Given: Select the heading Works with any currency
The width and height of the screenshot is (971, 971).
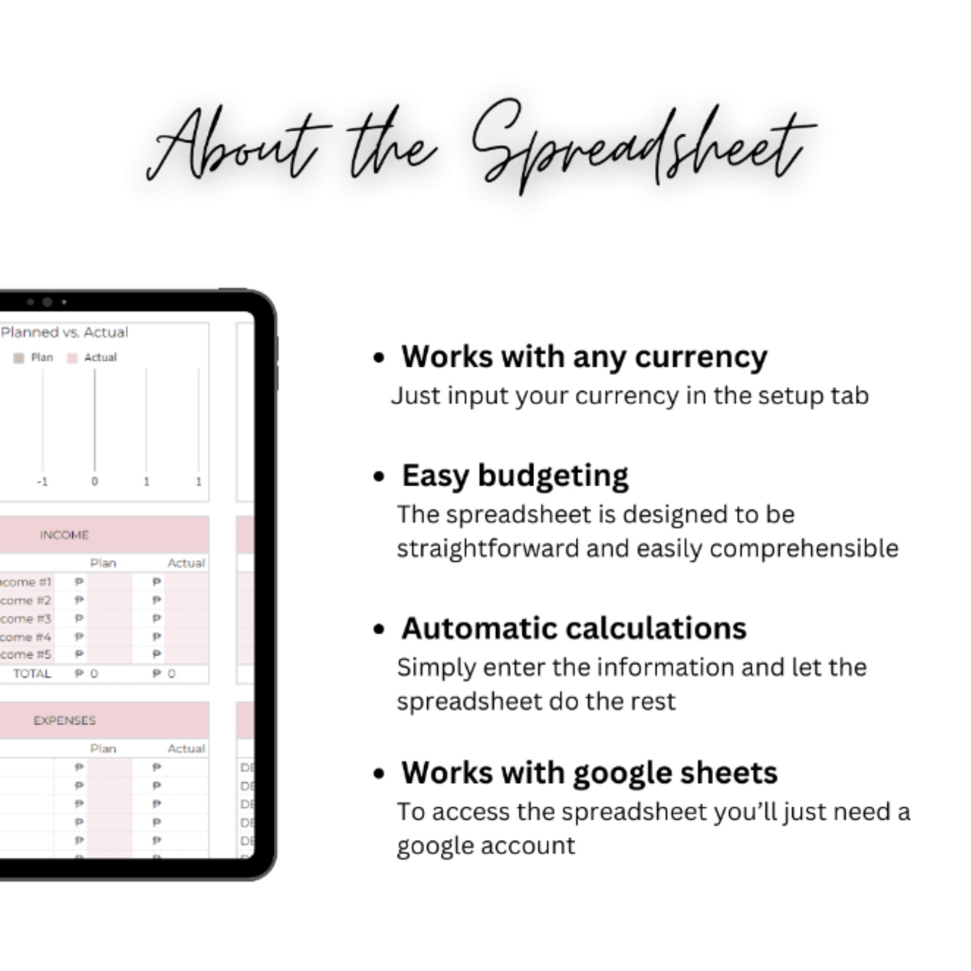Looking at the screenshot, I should (584, 357).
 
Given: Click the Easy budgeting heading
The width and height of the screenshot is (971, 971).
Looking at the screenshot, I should (515, 475).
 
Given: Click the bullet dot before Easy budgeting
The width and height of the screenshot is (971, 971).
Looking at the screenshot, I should (379, 476).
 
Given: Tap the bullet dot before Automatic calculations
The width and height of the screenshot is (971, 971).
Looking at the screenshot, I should (379, 629).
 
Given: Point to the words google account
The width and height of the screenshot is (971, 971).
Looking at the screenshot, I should (485, 846).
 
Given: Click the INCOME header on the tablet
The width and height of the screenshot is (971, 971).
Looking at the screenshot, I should (65, 535).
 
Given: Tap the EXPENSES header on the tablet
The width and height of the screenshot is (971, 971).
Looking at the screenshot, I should (65, 720).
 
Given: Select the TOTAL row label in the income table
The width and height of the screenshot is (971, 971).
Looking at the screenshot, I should (32, 673).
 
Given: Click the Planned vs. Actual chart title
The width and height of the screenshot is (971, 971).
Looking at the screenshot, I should (65, 332).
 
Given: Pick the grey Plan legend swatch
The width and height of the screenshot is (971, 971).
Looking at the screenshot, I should (18, 358).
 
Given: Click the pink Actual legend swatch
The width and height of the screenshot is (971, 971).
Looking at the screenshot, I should (72, 358).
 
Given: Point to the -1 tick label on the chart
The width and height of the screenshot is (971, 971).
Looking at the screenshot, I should (42, 482).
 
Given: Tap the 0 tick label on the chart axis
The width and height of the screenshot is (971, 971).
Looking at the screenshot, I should (95, 482).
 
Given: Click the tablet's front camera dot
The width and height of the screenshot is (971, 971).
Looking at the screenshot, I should (47, 302).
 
